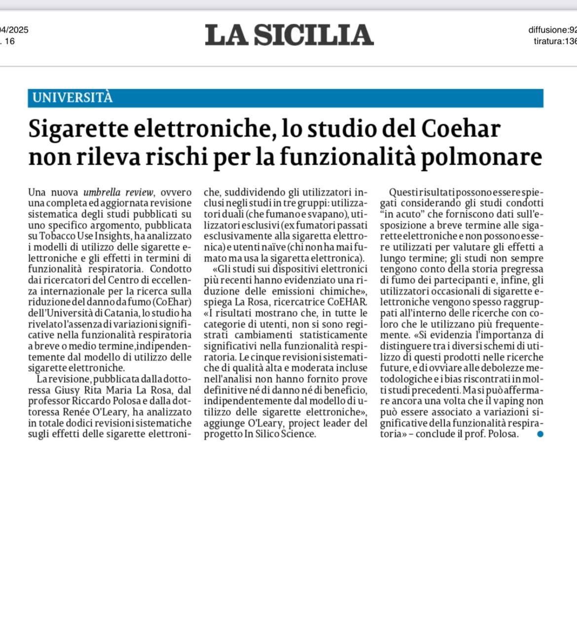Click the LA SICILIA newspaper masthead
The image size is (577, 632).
coord(289,35)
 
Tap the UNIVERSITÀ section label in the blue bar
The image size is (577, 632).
coord(72,98)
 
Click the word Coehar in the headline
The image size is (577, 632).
coord(461,129)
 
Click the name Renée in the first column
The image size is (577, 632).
coord(75,412)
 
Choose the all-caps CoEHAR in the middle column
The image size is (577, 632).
coord(347,302)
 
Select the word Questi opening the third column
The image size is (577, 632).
coord(405,192)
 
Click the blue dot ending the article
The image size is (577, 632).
coord(540,434)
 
